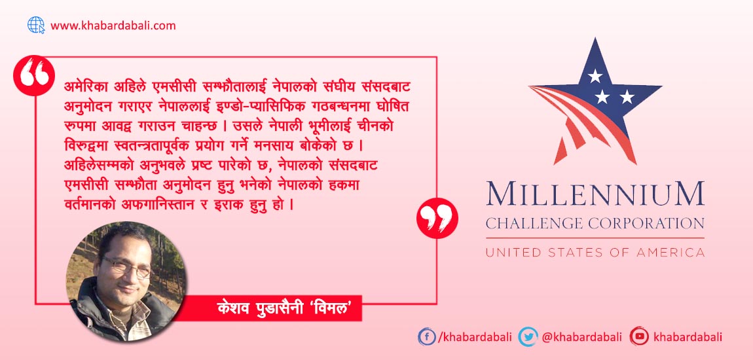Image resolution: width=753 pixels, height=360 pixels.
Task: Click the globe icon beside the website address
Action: coord(35,25)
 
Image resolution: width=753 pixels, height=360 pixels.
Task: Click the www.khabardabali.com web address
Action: coord(113,26)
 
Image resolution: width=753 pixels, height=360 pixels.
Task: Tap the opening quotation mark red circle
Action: coord(33,76)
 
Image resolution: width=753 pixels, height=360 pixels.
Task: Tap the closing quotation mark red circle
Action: coord(437,218)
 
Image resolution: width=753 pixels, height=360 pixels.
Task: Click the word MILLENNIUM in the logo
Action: coord(595,193)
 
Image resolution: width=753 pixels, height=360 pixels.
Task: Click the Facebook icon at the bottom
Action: coord(426,337)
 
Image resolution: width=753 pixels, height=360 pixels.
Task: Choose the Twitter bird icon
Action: coord(528,337)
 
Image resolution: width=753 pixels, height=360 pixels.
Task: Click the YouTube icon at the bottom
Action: coord(640,336)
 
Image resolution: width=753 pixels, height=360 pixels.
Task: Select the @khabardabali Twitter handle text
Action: coord(581,337)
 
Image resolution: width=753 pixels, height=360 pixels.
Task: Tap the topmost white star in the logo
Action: coord(595,75)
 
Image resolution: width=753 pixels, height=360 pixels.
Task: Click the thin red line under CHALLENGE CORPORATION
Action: coord(595,238)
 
